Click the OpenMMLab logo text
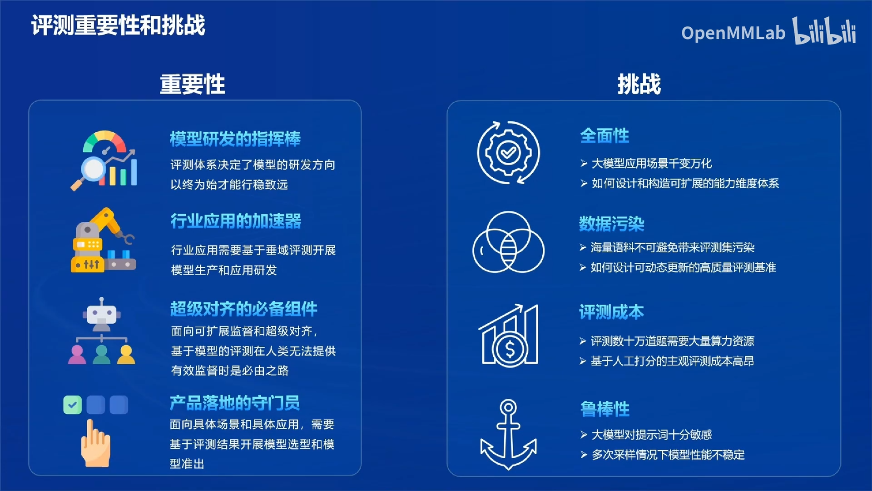pos(733,33)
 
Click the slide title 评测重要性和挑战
pos(118,25)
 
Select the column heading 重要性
pos(192,84)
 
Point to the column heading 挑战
pos(639,84)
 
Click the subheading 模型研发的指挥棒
pos(235,139)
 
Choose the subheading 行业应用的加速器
pos(236,221)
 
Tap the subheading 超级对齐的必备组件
pos(243,309)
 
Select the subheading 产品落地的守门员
pos(234,403)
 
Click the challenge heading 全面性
pos(604,135)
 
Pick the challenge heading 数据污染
pos(611,224)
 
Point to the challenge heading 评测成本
pos(611,312)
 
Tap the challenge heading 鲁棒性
pos(604,409)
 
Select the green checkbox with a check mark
pos(73,405)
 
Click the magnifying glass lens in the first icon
pos(94,169)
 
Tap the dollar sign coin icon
pos(510,349)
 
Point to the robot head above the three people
pos(101,314)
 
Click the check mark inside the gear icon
pos(508,152)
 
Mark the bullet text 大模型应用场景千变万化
pos(651,163)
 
